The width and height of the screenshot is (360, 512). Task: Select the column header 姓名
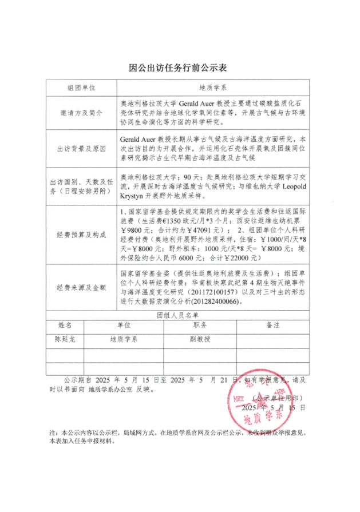(x=65, y=325)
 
